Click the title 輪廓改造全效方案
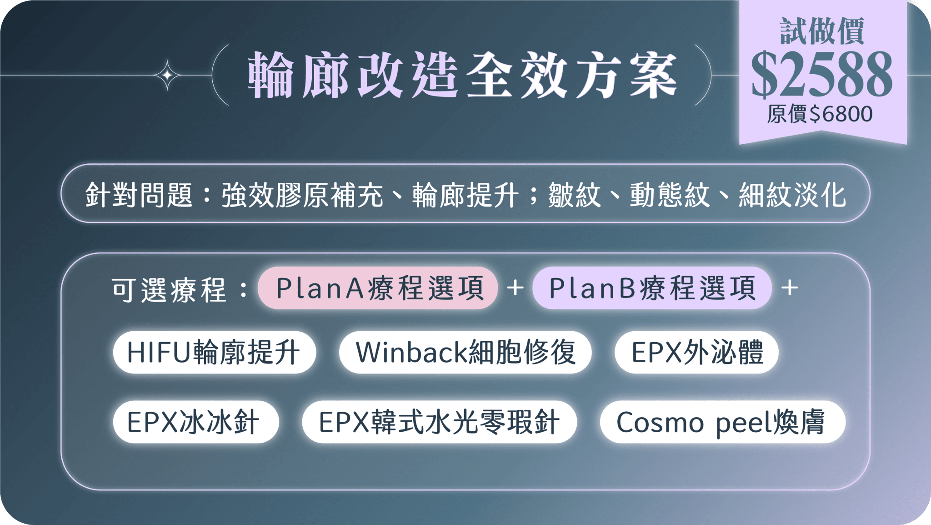tap(462, 75)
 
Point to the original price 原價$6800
tap(820, 114)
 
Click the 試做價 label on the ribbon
tap(822, 31)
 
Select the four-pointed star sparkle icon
tap(167, 75)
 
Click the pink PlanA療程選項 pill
tap(378, 288)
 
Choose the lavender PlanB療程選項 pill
tap(652, 288)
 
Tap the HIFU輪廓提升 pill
tap(214, 352)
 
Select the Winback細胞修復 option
tap(465, 352)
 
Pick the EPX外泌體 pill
tap(696, 352)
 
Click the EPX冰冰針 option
tap(196, 422)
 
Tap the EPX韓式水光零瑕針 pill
tap(440, 422)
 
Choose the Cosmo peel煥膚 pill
tap(722, 422)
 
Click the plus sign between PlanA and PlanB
tap(515, 288)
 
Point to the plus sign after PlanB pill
tap(790, 288)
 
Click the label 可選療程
tap(169, 290)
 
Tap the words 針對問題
tap(139, 195)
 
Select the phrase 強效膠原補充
tap(302, 195)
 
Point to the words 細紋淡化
tap(792, 195)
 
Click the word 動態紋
tap(670, 195)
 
